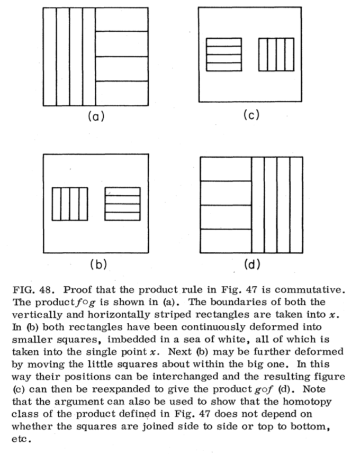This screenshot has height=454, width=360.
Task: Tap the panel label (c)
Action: click(250, 116)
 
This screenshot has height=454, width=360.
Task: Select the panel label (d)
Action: click(250, 264)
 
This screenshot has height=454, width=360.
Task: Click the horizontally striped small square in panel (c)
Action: click(223, 55)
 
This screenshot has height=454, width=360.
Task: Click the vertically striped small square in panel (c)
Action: click(276, 55)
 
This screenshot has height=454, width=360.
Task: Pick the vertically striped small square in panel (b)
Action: click(69, 204)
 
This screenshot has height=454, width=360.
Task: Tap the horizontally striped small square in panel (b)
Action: click(122, 204)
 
